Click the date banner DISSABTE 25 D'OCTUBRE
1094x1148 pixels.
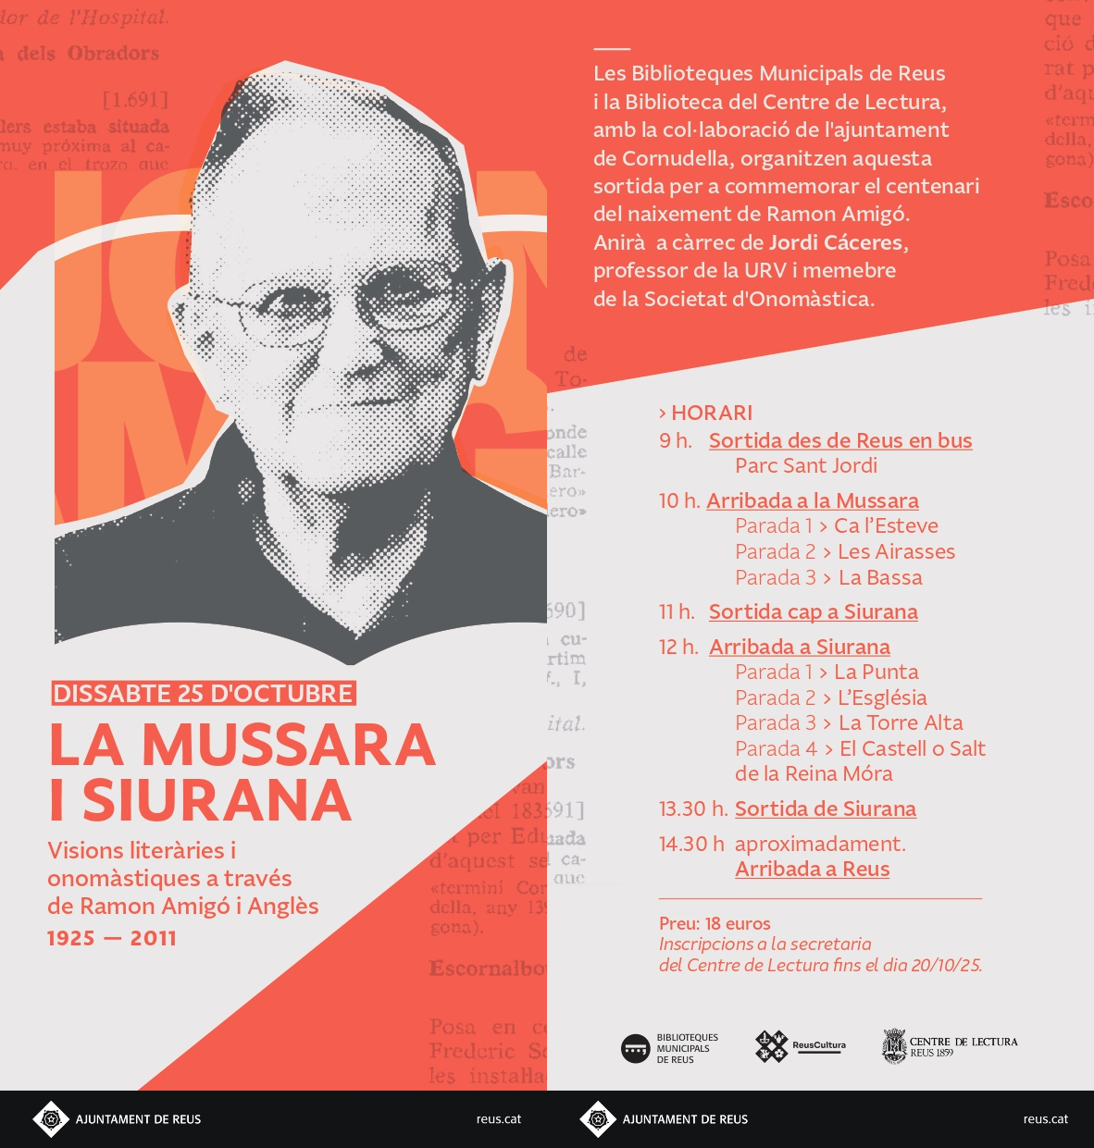click(x=204, y=694)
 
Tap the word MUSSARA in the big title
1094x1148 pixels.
click(x=288, y=746)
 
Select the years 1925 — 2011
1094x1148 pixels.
click(x=112, y=938)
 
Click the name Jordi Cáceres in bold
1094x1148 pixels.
click(x=836, y=242)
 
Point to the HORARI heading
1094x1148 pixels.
click(x=706, y=413)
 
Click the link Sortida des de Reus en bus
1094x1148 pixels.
click(x=840, y=440)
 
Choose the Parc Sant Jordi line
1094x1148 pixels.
click(x=806, y=465)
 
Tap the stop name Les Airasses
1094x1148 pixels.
click(x=896, y=551)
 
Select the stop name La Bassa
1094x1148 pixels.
click(x=880, y=577)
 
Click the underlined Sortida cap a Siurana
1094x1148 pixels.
click(x=813, y=611)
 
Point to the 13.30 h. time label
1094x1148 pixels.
click(x=693, y=809)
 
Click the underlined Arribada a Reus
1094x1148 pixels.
click(x=812, y=869)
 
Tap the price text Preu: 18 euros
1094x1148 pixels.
click(x=715, y=923)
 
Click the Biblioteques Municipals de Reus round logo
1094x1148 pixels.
click(x=636, y=1049)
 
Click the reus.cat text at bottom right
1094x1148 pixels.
click(x=1045, y=1119)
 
